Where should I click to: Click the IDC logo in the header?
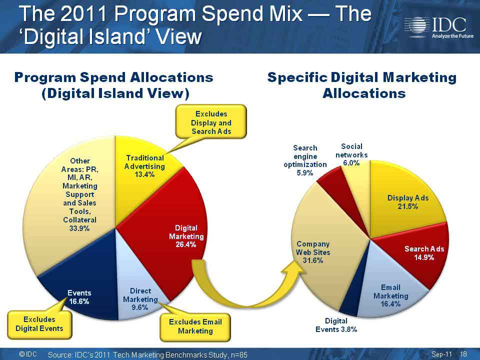point(439,27)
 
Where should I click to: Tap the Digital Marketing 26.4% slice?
point(171,232)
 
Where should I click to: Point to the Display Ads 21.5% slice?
point(404,199)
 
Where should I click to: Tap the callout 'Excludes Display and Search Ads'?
point(211,122)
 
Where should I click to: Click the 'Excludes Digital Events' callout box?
point(39,324)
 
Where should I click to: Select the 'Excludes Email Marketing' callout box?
point(195,326)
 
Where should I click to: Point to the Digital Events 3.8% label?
point(336,325)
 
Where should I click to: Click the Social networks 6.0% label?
point(351,154)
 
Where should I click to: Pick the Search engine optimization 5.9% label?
point(305,160)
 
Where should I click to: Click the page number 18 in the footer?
point(463,354)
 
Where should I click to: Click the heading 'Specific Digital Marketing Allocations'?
point(362,85)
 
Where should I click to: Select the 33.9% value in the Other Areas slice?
point(79,228)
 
